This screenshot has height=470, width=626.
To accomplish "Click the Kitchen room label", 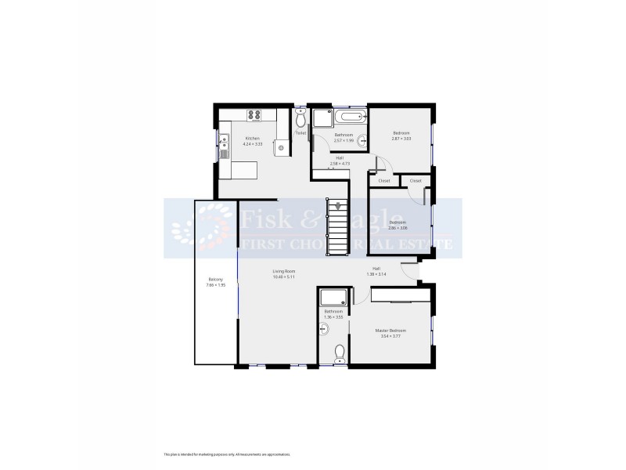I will [x=250, y=139].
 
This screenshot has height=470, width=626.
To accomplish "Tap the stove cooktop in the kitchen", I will [x=254, y=115].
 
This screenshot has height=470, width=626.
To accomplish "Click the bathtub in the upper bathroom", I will [x=351, y=117].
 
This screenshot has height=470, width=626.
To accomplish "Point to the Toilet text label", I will [x=300, y=133].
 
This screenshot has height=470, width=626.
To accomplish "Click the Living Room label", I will [x=282, y=273].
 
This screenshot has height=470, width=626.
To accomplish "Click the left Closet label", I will [x=383, y=181].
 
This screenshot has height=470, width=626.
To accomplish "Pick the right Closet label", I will [x=416, y=181].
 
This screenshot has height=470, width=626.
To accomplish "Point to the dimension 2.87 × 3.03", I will [x=401, y=139].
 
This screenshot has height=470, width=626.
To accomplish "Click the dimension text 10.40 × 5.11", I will [x=282, y=277].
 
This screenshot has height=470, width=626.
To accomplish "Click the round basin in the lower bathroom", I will [x=323, y=330].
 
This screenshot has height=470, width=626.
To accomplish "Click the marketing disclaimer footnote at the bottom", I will [x=227, y=454].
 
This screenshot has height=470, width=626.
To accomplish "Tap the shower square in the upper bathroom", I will [x=322, y=120].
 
